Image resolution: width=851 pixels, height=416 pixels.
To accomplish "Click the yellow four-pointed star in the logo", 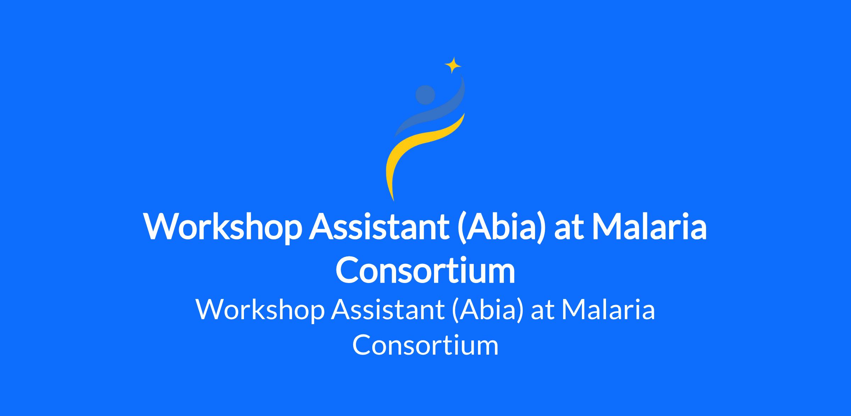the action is (x=453, y=65).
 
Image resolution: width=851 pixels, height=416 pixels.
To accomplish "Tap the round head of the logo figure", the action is (x=425, y=95).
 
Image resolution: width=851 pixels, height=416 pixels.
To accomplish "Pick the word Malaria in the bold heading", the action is (x=649, y=227).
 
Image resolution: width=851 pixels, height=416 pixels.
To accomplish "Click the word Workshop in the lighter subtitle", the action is (x=260, y=310).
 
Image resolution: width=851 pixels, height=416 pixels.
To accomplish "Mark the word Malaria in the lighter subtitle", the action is (x=608, y=310).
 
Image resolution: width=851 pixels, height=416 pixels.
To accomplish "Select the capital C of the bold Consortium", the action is (x=347, y=270).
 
